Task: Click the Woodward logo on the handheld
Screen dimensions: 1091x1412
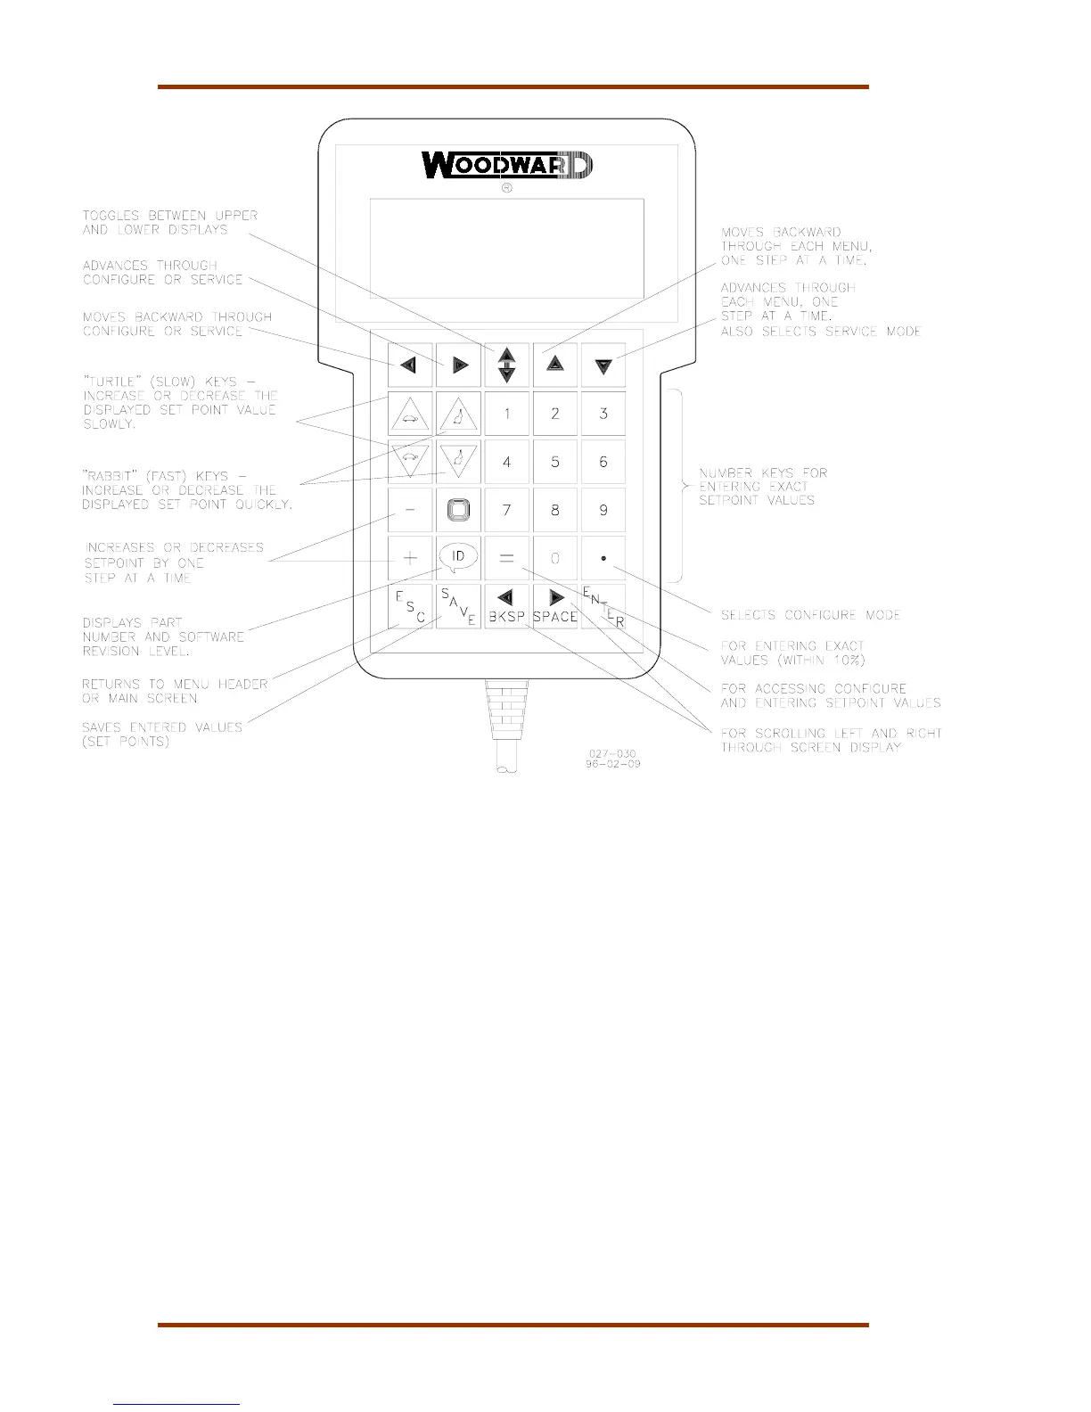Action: click(506, 166)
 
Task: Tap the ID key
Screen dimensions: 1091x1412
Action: click(458, 558)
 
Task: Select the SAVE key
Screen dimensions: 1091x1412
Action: click(458, 606)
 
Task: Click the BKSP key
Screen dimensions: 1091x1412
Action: click(506, 606)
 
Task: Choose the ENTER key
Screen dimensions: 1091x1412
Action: click(603, 606)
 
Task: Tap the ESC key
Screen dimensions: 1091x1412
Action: click(410, 606)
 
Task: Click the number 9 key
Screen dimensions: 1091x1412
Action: click(603, 510)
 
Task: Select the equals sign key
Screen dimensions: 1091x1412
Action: click(506, 558)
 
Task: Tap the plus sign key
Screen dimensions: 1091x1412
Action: click(410, 558)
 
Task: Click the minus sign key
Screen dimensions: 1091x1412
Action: click(410, 510)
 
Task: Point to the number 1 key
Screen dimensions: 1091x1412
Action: click(506, 414)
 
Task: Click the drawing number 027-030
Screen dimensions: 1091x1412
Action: click(612, 753)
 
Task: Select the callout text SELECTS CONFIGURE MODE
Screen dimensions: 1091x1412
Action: click(810, 615)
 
